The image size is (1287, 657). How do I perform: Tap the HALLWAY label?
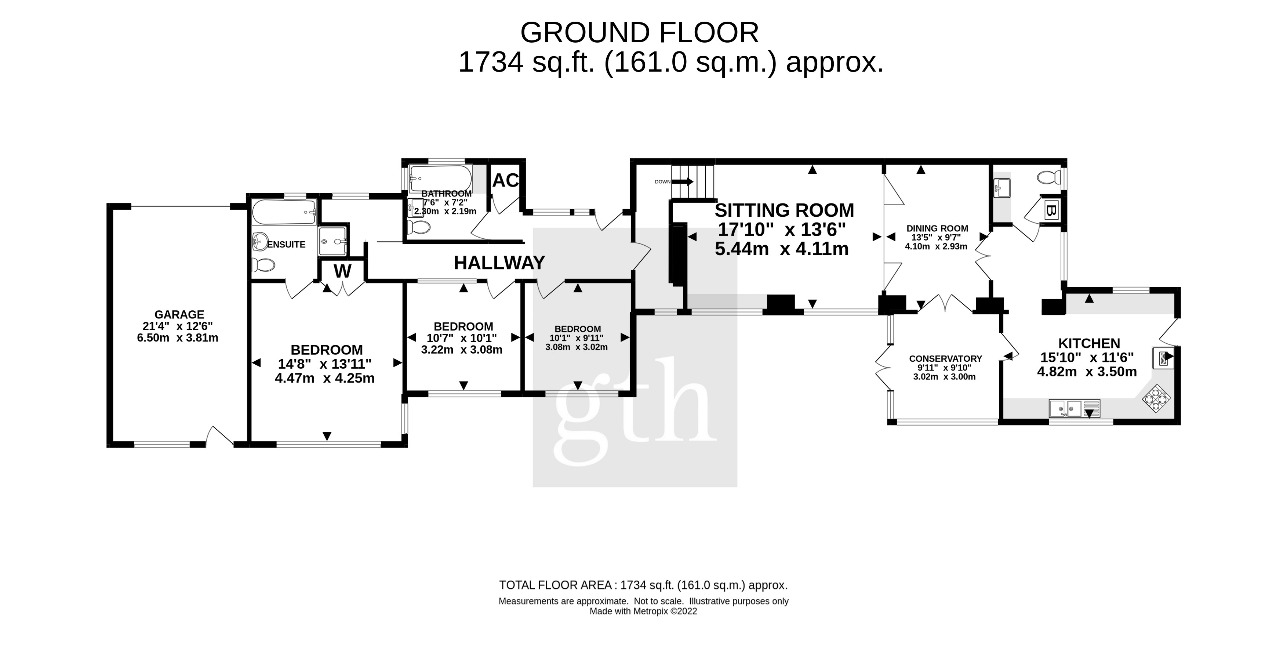[499, 263]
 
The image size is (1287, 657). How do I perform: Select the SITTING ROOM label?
[784, 210]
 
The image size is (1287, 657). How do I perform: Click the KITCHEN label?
[1089, 343]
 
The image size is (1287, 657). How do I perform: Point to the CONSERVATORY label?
[945, 358]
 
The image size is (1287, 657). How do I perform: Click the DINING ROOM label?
[937, 228]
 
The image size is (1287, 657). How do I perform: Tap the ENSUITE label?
[286, 245]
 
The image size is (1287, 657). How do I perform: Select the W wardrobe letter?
[342, 271]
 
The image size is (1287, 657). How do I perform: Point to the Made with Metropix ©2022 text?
[643, 611]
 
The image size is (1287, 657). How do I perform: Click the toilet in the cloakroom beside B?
[1049, 177]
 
